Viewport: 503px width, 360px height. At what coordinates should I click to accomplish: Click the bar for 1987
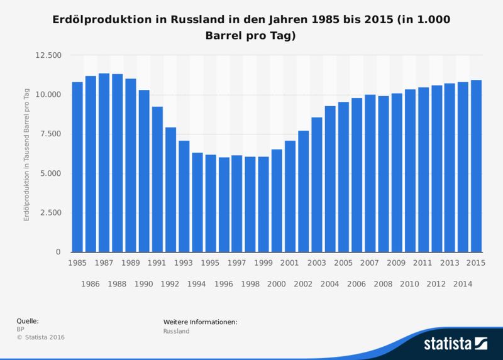pyautogui.click(x=104, y=163)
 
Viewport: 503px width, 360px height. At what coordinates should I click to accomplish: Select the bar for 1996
pyautogui.click(x=224, y=204)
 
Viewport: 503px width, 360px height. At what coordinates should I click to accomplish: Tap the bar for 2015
pyautogui.click(x=477, y=166)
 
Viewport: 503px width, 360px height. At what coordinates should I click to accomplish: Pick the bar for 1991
pyautogui.click(x=157, y=179)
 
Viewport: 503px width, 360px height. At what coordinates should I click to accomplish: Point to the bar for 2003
pyautogui.click(x=317, y=185)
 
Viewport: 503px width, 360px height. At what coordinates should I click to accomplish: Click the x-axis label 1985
pyautogui.click(x=77, y=263)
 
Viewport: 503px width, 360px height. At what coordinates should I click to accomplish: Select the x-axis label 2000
pyautogui.click(x=277, y=285)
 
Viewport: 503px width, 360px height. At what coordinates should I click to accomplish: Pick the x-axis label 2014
pyautogui.click(x=463, y=285)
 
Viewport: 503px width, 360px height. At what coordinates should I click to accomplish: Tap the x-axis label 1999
pyautogui.click(x=263, y=263)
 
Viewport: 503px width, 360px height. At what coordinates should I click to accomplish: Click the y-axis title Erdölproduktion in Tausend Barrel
pyautogui.click(x=27, y=153)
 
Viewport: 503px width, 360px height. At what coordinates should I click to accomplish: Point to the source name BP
pyautogui.click(x=20, y=329)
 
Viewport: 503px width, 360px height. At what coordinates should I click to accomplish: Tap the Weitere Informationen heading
pyautogui.click(x=200, y=322)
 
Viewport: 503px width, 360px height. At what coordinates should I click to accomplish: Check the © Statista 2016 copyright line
pyautogui.click(x=40, y=337)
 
